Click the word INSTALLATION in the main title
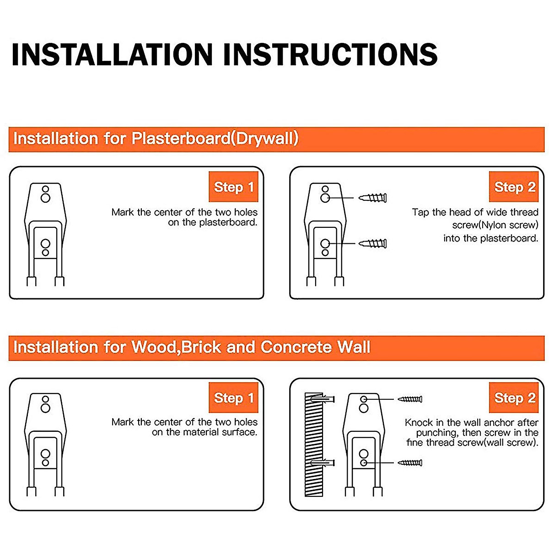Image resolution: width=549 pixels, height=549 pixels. [x=112, y=54]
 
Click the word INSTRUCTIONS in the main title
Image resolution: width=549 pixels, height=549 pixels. [x=330, y=54]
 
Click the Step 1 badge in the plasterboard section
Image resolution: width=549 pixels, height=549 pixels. [x=233, y=187]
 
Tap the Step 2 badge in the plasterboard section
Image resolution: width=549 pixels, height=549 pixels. [x=514, y=187]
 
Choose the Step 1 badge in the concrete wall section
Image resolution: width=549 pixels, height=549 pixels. [x=233, y=398]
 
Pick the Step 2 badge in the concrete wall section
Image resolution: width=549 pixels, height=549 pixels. [x=514, y=398]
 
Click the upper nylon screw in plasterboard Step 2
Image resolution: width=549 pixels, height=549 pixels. [x=373, y=198]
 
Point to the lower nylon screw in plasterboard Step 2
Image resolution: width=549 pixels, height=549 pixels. [x=373, y=243]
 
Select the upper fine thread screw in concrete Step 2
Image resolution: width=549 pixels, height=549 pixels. [x=410, y=399]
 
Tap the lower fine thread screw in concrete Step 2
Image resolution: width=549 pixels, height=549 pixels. [x=410, y=463]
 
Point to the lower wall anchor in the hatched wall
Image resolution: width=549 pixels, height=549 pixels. [x=323, y=463]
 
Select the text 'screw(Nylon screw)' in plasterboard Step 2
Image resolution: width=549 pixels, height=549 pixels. [x=495, y=225]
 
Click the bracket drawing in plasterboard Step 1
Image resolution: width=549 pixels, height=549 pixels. [x=45, y=233]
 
